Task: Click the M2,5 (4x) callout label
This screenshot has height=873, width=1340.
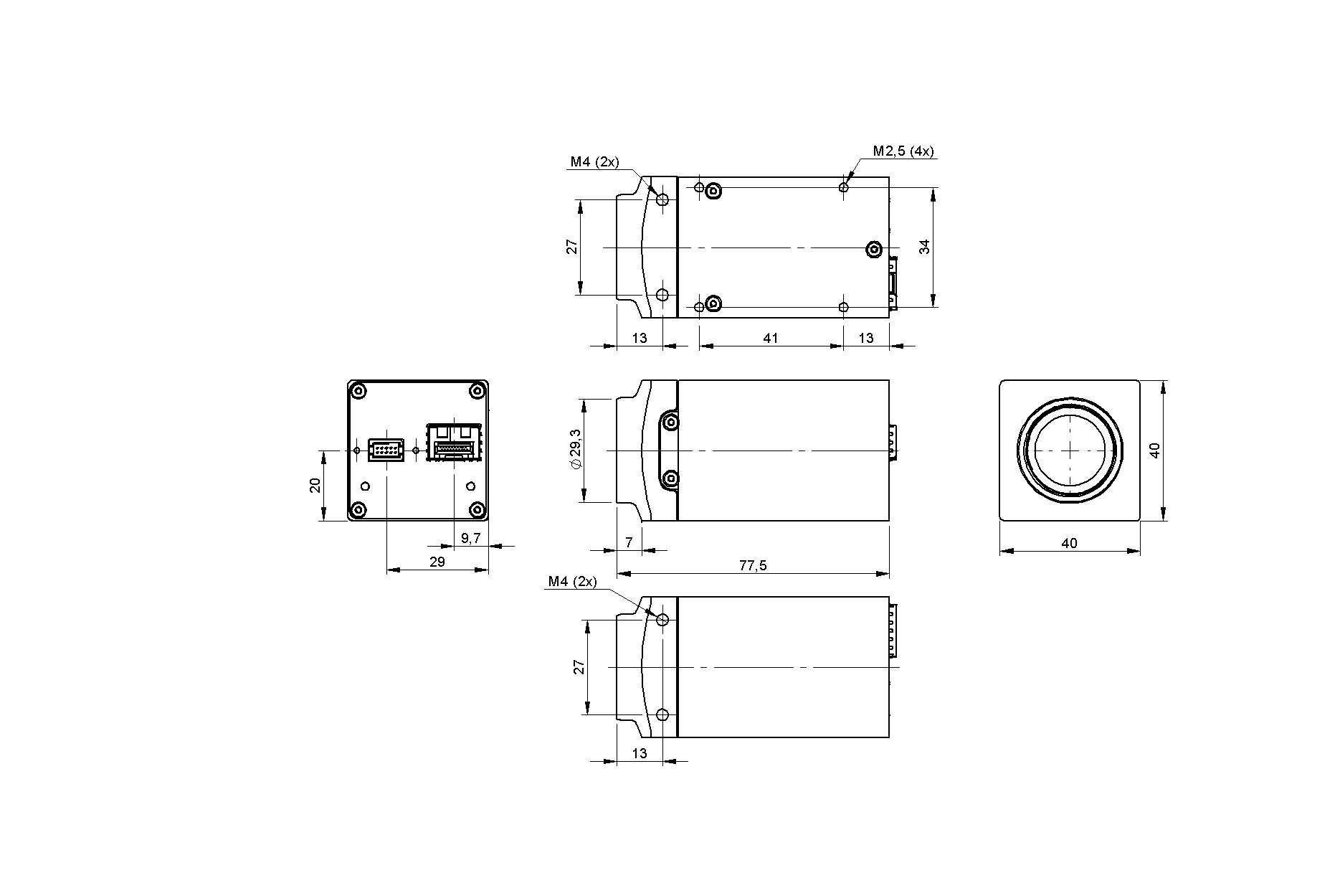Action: pyautogui.click(x=903, y=151)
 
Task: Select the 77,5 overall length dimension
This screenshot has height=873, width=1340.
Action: pyautogui.click(x=753, y=565)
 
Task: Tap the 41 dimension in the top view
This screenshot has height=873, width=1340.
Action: pyautogui.click(x=771, y=338)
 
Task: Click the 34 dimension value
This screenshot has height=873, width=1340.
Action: pyautogui.click(x=925, y=247)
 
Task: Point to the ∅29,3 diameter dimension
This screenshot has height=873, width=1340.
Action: pyautogui.click(x=576, y=450)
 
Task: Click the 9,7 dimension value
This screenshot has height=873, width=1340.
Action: pyautogui.click(x=471, y=538)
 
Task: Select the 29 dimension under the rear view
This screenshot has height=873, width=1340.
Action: pyautogui.click(x=437, y=562)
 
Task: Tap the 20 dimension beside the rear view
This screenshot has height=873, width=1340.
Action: pyautogui.click(x=315, y=486)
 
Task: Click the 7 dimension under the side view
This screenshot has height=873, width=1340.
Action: pyautogui.click(x=629, y=542)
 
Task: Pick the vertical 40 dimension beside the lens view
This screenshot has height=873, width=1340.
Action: pyautogui.click(x=1154, y=450)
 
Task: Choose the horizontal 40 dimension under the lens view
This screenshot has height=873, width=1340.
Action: pyautogui.click(x=1069, y=543)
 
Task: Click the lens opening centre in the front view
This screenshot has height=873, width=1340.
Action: pyautogui.click(x=1069, y=450)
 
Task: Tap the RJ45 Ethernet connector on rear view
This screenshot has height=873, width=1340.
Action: pyautogui.click(x=454, y=443)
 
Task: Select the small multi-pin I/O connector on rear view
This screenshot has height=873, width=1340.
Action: pyautogui.click(x=386, y=450)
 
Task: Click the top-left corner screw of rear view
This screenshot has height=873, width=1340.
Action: pyautogui.click(x=358, y=391)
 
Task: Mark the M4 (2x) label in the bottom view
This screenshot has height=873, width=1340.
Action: pyautogui.click(x=572, y=582)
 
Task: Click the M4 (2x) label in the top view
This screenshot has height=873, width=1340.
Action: pyautogui.click(x=594, y=162)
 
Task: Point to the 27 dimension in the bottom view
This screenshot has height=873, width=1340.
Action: pyautogui.click(x=579, y=666)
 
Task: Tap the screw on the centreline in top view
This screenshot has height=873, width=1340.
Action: pyautogui.click(x=873, y=249)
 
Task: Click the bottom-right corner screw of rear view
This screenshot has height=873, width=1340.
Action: pyautogui.click(x=476, y=510)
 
